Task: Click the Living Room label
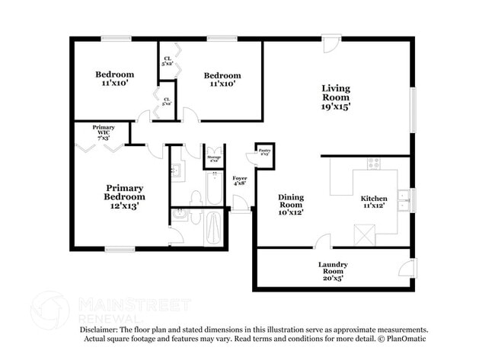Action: (335, 97)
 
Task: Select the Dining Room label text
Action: (290, 204)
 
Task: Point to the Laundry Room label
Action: (333, 271)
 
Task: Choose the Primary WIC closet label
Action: (103, 132)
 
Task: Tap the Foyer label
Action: (239, 180)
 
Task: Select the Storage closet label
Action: (214, 158)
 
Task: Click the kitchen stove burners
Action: (373, 162)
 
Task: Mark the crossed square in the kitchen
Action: (365, 236)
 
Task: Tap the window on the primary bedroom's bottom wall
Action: (120, 249)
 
